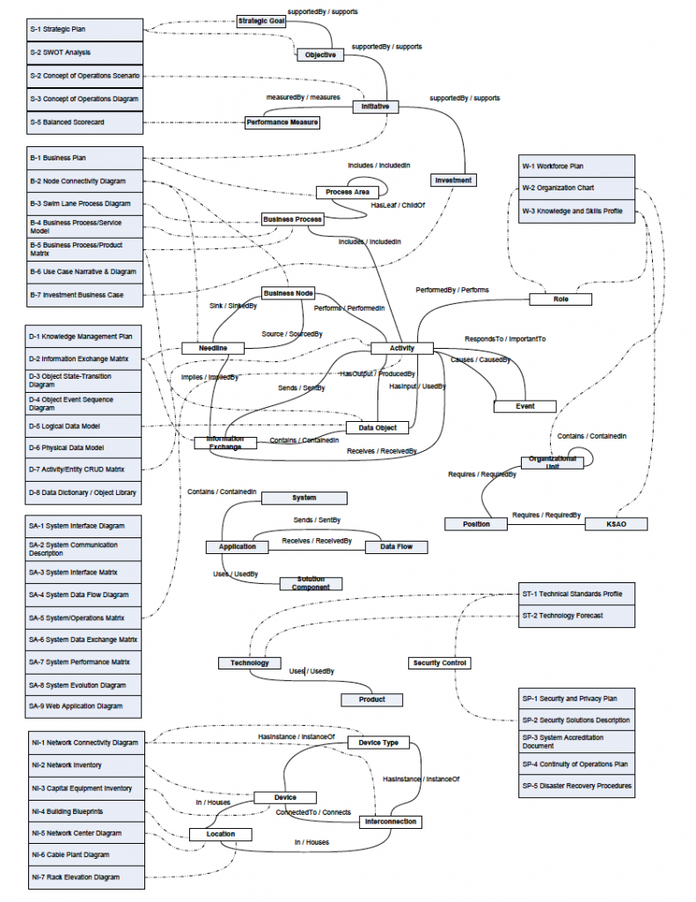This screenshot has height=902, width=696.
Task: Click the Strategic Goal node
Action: click(x=261, y=20)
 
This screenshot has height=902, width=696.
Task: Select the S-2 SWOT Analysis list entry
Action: click(x=84, y=53)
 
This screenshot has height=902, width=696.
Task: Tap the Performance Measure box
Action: click(x=282, y=122)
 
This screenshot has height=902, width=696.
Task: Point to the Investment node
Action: click(x=453, y=181)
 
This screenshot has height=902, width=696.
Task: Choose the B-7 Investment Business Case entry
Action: click(x=84, y=295)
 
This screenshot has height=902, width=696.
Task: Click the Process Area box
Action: click(x=347, y=192)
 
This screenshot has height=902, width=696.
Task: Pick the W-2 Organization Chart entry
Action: click(x=576, y=188)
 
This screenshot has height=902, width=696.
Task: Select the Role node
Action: click(x=560, y=299)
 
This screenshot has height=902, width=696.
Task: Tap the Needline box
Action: click(x=212, y=348)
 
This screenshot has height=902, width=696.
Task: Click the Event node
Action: click(x=524, y=406)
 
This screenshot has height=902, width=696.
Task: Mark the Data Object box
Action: click(x=377, y=428)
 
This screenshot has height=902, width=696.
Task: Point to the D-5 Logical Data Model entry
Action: click(x=84, y=426)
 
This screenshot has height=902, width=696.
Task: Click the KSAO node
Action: click(x=616, y=524)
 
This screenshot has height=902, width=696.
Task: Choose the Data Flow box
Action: click(x=396, y=547)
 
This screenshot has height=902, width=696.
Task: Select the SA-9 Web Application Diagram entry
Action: click(x=84, y=706)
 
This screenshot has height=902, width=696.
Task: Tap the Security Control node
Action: click(x=440, y=662)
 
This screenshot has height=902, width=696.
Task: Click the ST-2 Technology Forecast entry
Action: click(x=576, y=616)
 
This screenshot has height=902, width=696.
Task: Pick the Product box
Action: click(x=372, y=699)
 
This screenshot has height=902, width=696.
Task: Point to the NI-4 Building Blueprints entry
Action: click(x=84, y=810)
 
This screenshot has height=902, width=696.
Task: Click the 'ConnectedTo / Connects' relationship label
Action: click(x=313, y=812)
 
